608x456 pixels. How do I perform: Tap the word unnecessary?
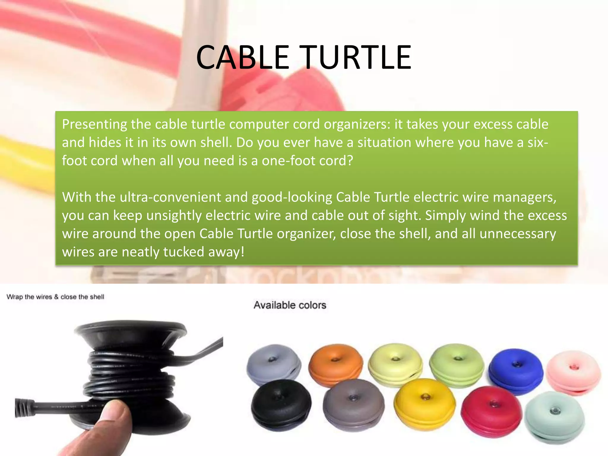(x=518, y=234)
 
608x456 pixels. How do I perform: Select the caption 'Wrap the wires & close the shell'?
(x=55, y=297)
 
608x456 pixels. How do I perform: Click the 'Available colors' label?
(x=290, y=305)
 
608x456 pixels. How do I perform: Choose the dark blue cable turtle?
(x=516, y=371)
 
